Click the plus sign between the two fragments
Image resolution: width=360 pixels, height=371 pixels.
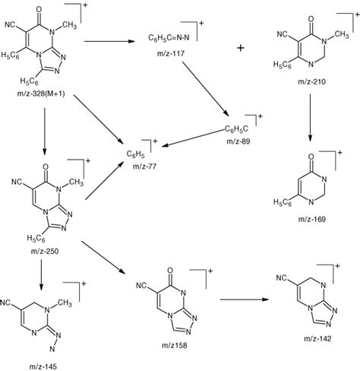pos(241,47)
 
